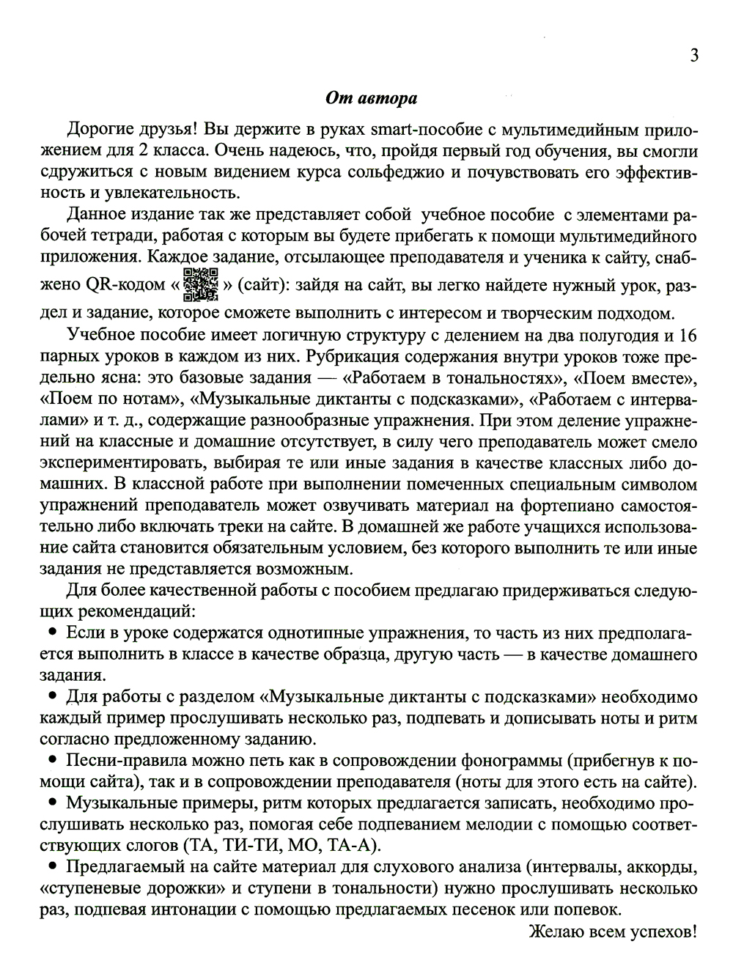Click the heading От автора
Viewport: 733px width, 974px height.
371,98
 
